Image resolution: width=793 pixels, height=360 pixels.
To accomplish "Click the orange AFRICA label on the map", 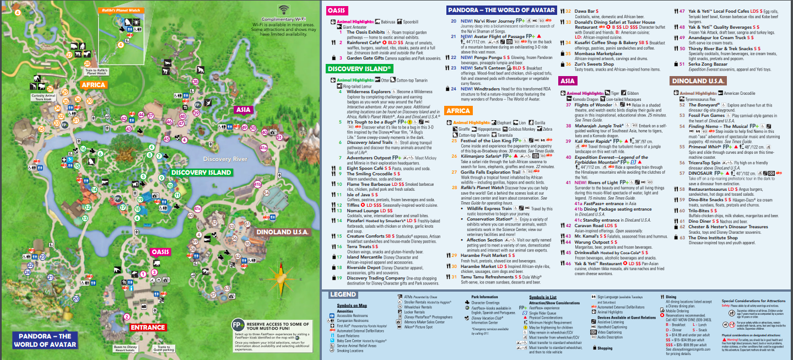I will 93,85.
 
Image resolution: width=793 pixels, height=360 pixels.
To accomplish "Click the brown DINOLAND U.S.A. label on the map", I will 283,232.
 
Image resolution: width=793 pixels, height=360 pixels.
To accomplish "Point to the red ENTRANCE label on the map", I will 148,327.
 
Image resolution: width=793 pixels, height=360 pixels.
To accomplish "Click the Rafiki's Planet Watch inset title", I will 119,10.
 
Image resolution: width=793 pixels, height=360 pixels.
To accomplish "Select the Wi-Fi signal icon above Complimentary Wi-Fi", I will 284,9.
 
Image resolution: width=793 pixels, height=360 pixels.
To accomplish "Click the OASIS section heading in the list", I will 337,10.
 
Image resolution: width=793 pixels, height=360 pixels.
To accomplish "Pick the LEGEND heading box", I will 343,294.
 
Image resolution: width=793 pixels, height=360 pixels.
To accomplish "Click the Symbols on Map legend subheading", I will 351,305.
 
